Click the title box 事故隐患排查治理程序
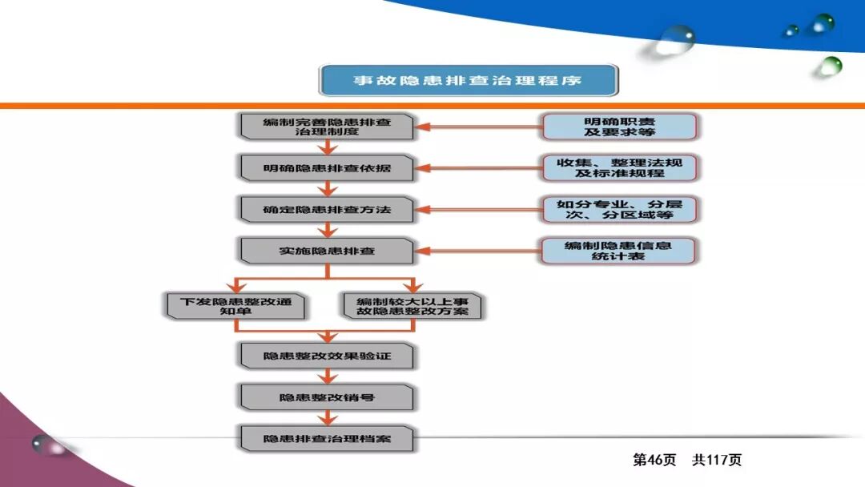pos(469,81)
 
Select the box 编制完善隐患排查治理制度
pos(327,127)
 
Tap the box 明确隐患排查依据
pos(327,168)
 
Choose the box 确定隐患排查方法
pos(327,210)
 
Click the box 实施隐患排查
pos(327,251)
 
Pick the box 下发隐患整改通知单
pos(235,306)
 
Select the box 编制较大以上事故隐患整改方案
pos(412,306)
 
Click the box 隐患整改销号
pos(327,397)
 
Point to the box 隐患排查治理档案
pos(327,439)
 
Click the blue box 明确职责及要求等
pos(618,127)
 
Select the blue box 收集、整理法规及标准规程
pos(618,168)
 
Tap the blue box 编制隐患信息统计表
pos(618,251)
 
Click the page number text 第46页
pos(654,460)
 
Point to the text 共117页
pos(717,460)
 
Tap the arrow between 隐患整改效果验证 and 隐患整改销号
pos(327,376)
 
